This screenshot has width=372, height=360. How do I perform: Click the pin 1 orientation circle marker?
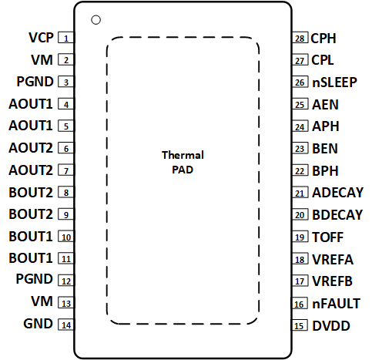[96, 19]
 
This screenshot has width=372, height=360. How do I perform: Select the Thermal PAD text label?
[183, 163]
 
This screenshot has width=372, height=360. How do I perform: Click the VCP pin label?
[41, 38]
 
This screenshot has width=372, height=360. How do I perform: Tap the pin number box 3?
[67, 82]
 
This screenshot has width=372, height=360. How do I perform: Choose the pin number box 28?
[300, 38]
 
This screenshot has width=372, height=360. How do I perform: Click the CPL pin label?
[323, 59]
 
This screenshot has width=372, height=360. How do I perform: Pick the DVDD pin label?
[331, 326]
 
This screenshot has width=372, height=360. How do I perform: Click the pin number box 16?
[300, 304]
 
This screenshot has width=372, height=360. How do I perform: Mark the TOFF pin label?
[327, 237]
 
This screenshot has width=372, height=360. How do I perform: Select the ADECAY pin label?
[337, 193]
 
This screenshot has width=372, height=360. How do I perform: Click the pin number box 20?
[300, 215]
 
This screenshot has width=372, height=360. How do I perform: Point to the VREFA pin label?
[333, 260]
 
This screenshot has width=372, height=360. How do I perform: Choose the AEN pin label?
[325, 104]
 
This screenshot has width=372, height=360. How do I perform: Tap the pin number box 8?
[67, 193]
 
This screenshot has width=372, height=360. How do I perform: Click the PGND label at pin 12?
[35, 281]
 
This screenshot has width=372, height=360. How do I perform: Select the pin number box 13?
[67, 303]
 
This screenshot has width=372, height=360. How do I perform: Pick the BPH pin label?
[325, 170]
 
